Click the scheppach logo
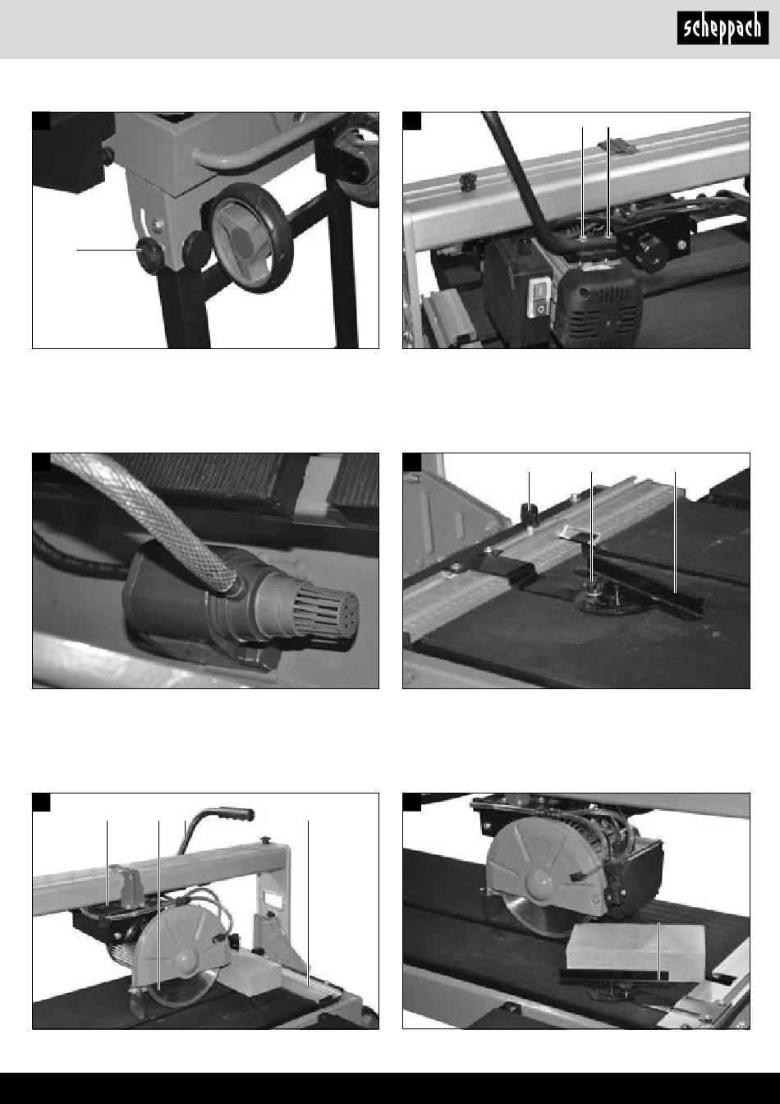pos(723,28)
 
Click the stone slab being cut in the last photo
pos(636,952)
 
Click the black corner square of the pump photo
pos(41,462)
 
